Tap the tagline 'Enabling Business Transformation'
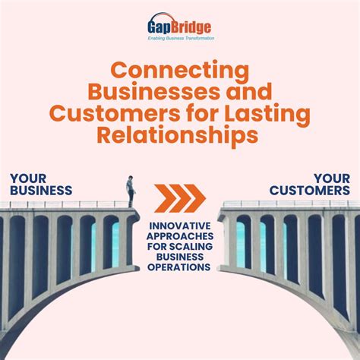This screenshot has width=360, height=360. (181, 37)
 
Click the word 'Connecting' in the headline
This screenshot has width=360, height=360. (180, 72)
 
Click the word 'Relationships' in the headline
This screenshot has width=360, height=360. (180, 134)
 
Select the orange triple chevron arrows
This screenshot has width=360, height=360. (180, 198)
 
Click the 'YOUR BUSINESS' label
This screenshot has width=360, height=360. (42, 185)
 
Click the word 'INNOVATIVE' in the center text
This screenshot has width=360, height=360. (180, 226)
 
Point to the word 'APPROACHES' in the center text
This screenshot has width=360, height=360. (180, 236)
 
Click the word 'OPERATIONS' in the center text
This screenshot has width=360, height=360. (180, 268)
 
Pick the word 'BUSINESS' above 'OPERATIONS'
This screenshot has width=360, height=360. (180, 257)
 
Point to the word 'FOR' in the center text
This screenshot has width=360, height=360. (161, 247)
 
